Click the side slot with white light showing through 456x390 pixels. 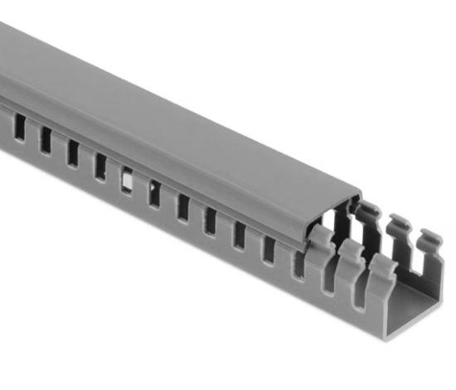point(127,180)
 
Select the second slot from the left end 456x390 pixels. point(46,140)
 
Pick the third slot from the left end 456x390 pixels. point(73,152)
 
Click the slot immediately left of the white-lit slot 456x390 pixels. point(100,166)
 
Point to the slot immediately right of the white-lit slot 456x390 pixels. point(154,192)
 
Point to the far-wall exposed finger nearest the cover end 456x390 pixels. point(370,214)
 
